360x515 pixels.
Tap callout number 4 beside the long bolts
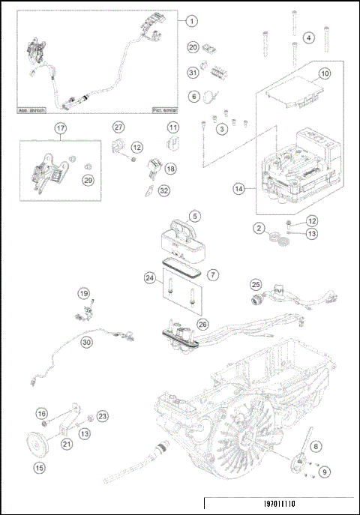(x=308, y=37)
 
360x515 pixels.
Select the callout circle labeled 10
(x=324, y=74)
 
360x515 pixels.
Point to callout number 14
(x=239, y=190)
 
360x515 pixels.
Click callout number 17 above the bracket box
(x=61, y=128)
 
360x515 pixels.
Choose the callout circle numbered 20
(x=193, y=47)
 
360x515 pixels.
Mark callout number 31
(x=193, y=72)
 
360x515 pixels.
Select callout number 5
(x=195, y=216)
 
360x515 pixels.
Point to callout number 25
(x=256, y=285)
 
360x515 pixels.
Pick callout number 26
(x=202, y=324)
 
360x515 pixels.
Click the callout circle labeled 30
(x=86, y=342)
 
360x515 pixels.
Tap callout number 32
(x=164, y=191)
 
